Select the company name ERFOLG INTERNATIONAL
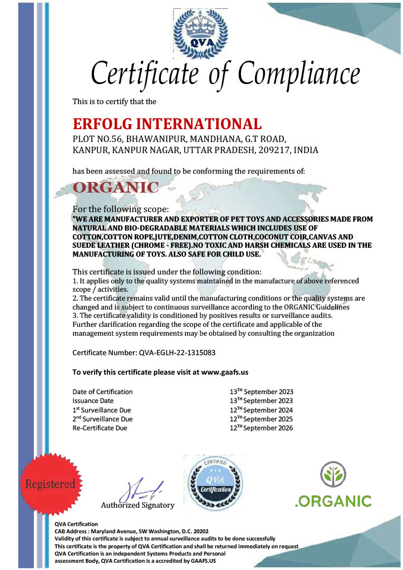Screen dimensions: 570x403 [167, 124]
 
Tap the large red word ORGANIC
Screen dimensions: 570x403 [116, 188]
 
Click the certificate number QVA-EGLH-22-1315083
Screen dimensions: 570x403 [176, 353]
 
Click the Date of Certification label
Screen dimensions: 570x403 [103, 392]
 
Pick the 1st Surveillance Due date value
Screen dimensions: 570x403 [261, 410]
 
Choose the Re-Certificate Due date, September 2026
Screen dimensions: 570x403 [261, 428]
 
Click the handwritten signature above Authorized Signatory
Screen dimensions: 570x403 [142, 490]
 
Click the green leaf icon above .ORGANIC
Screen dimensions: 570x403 [333, 474]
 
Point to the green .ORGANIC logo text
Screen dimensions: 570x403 [333, 501]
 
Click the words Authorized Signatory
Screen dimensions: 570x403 [137, 505]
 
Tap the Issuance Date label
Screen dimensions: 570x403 [93, 401]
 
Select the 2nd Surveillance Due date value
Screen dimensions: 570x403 [261, 419]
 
